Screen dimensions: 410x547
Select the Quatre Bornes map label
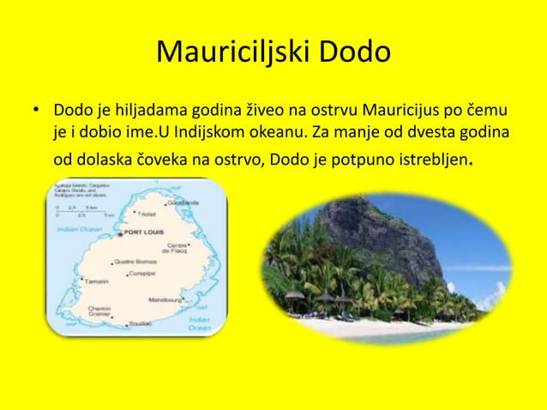(x=135, y=262)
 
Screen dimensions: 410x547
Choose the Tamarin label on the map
(x=96, y=281)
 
